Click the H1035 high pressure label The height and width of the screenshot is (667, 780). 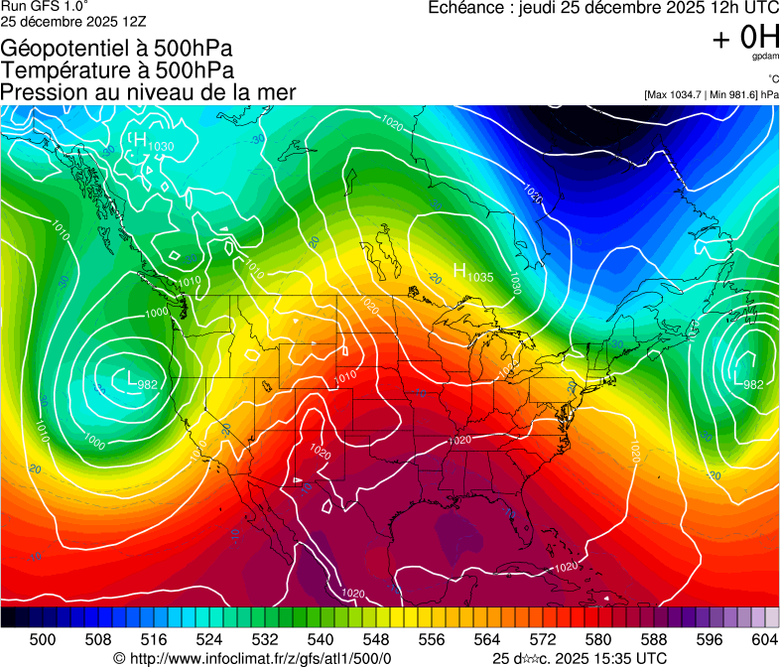(472, 271)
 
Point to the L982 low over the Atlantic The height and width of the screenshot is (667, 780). (747, 380)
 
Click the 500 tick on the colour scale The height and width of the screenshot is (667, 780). (43, 638)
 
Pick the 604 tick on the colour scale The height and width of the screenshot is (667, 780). (765, 638)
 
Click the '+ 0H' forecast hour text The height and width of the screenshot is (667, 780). (745, 39)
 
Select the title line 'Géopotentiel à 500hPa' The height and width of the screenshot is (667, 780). (117, 49)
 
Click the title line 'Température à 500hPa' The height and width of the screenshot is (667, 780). (117, 70)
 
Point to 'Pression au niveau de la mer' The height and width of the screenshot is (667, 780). (148, 92)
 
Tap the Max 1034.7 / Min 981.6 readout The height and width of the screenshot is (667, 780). (712, 94)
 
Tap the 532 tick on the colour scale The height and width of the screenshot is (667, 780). (265, 638)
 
